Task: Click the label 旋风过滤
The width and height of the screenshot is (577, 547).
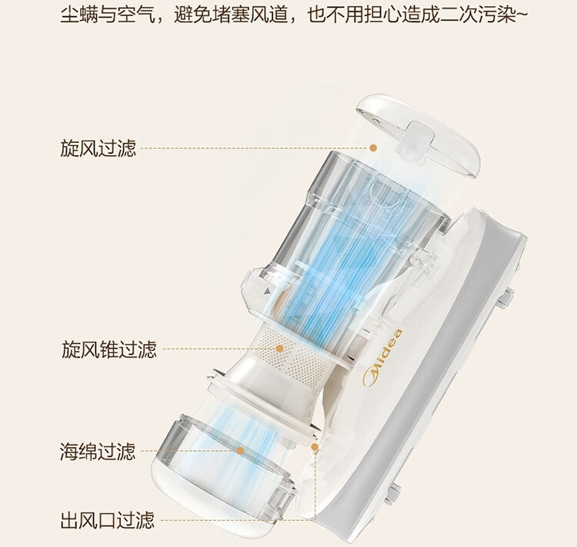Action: [x=98, y=148]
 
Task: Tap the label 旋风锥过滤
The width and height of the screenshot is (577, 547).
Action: [x=108, y=350]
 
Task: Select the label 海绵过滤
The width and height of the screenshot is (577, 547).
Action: [x=98, y=450]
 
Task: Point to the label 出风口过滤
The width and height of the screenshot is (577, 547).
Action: [x=108, y=521]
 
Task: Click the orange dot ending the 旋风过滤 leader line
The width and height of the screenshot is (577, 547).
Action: [x=373, y=148]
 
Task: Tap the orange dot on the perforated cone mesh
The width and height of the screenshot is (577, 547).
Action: [x=280, y=350]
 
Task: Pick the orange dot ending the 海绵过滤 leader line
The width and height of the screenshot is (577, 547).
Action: [x=241, y=451]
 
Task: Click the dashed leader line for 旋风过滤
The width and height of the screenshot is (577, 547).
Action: [x=254, y=148]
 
